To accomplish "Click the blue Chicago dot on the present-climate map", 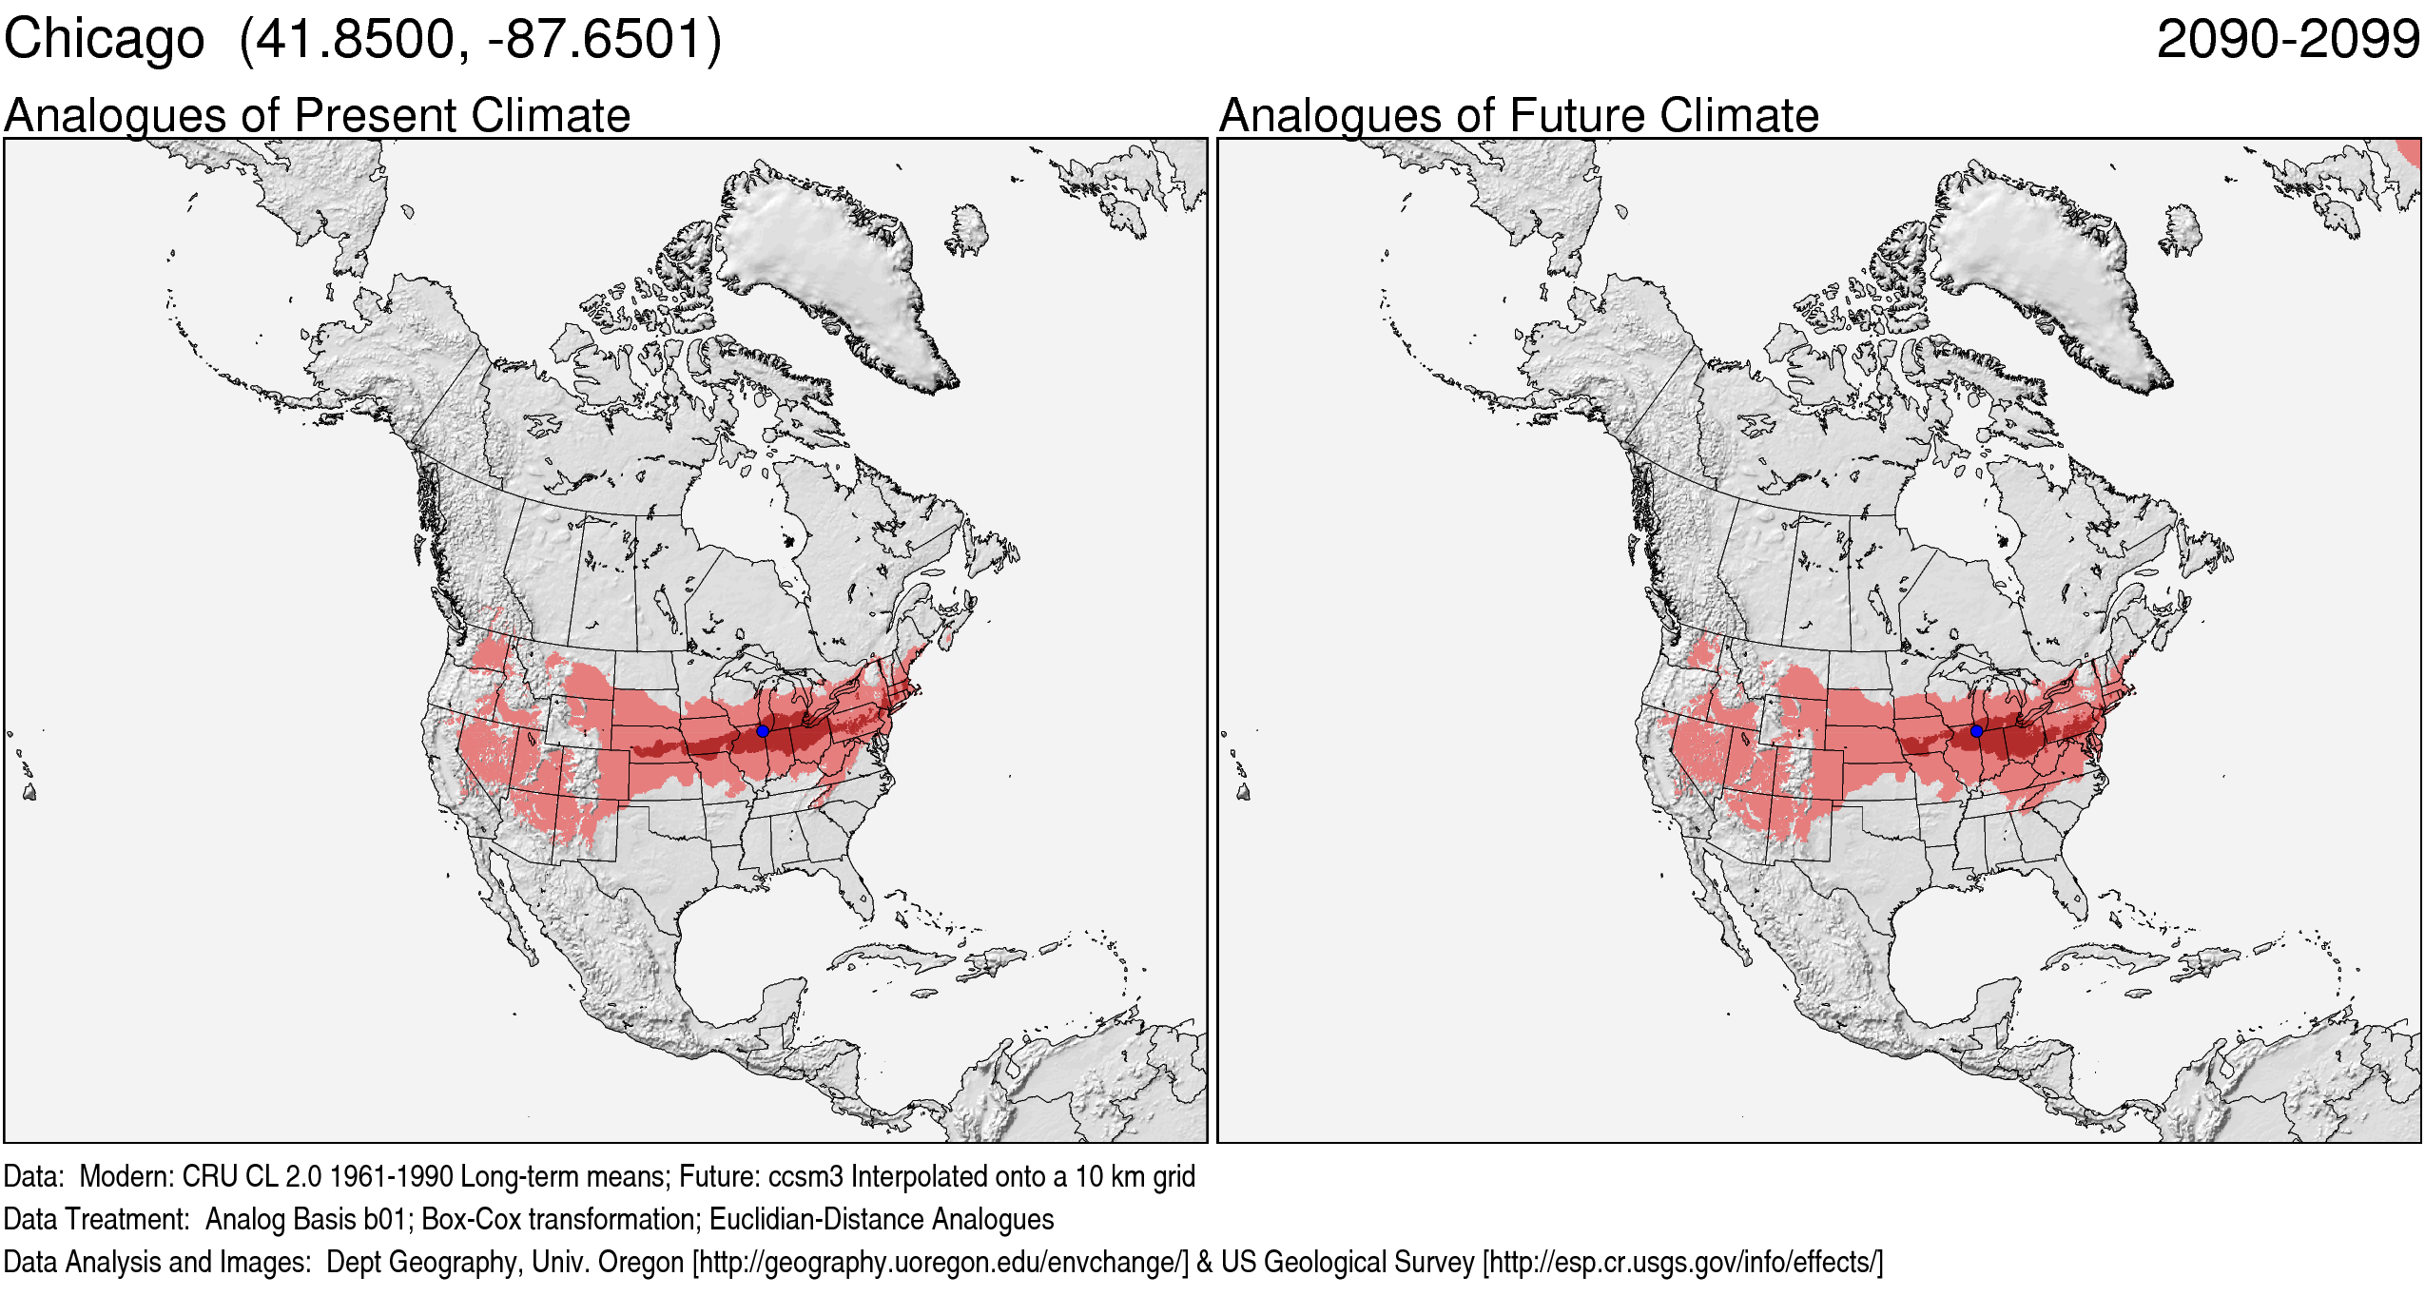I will coord(763,731).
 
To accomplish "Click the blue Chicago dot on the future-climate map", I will coord(1976,731).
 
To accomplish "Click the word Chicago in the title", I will coord(104,40).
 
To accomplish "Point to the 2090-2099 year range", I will coord(2287,40).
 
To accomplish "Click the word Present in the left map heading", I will coord(377,116).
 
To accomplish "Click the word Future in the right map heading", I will coord(1579,116).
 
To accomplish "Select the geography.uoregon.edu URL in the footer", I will coord(940,1262).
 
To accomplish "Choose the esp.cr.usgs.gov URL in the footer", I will coord(1681,1262).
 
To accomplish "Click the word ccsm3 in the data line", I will coord(805,1177).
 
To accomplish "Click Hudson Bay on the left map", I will coord(737,513).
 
